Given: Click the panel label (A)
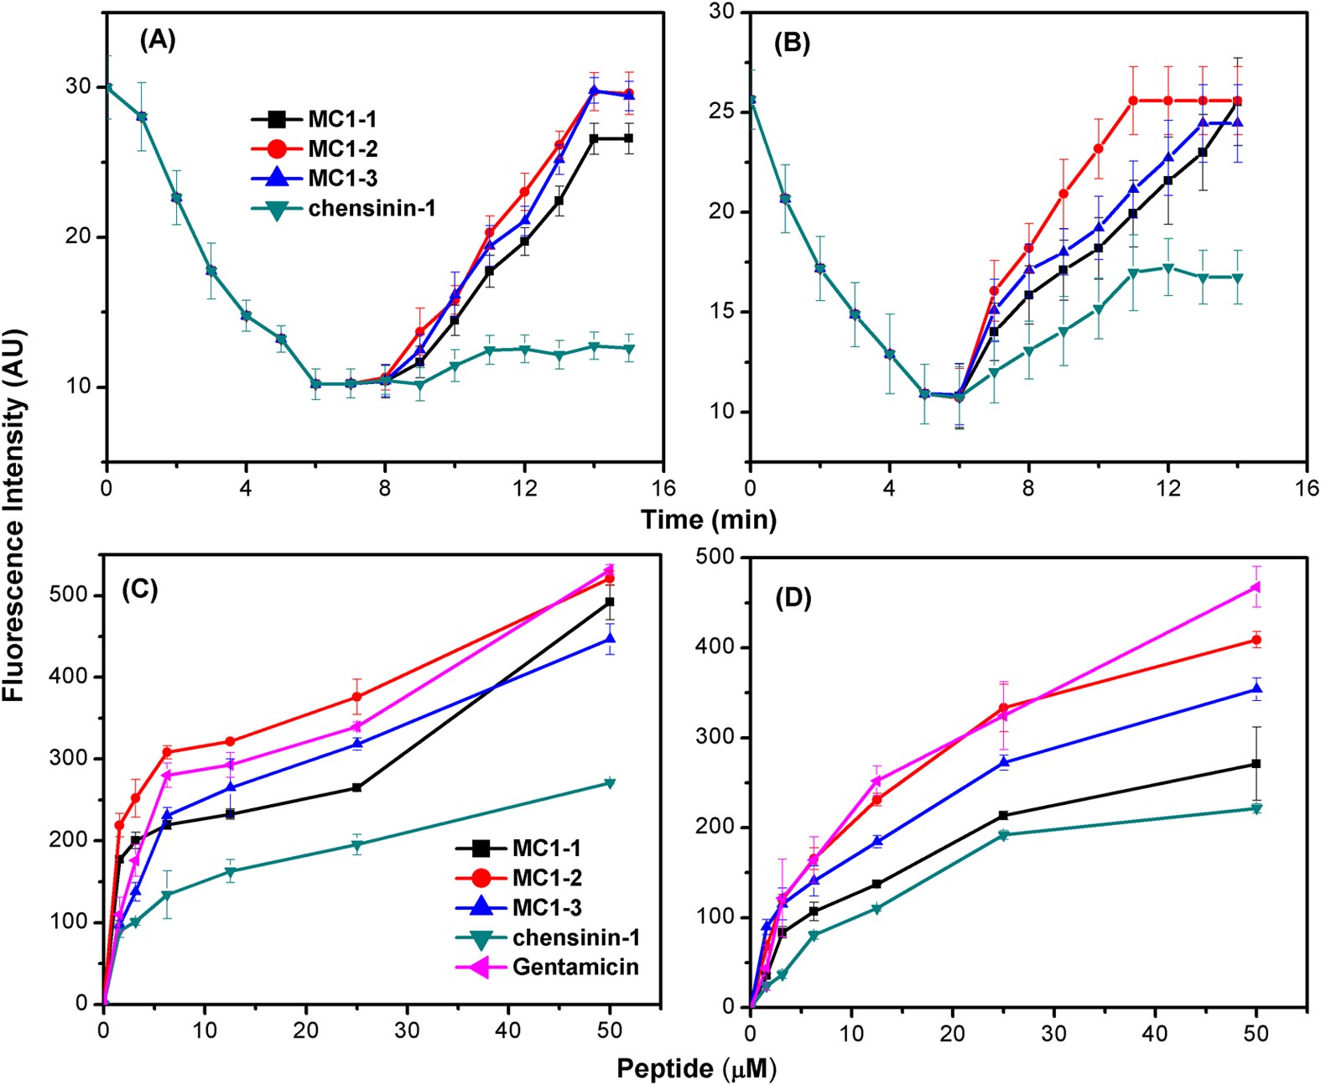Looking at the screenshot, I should pos(158,39).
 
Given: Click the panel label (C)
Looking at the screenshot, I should pos(139,589).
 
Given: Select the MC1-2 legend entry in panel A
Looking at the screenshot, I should pos(341,148).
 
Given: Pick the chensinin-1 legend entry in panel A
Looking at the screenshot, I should pos(371,208).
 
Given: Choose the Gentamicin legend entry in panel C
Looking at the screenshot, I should pos(575,967).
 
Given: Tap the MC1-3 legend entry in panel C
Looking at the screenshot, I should pos(547,907).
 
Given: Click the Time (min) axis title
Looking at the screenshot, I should pos(709,520).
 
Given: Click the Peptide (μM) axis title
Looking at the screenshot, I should pos(696,1068).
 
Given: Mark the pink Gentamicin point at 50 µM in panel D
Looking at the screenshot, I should pos(1256,587).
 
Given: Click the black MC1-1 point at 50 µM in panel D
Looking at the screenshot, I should pos(1256,764).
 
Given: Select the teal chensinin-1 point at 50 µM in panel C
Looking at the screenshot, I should pos(610,783).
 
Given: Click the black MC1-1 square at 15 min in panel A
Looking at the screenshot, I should pos(628,138).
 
